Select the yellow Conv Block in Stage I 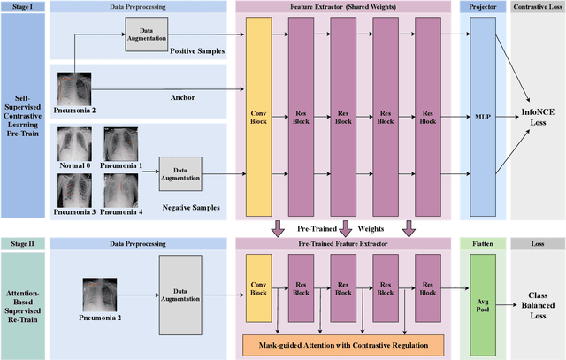(259, 115)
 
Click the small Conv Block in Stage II (259, 288)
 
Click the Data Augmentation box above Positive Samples (145, 33)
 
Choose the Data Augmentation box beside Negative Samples (180, 170)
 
